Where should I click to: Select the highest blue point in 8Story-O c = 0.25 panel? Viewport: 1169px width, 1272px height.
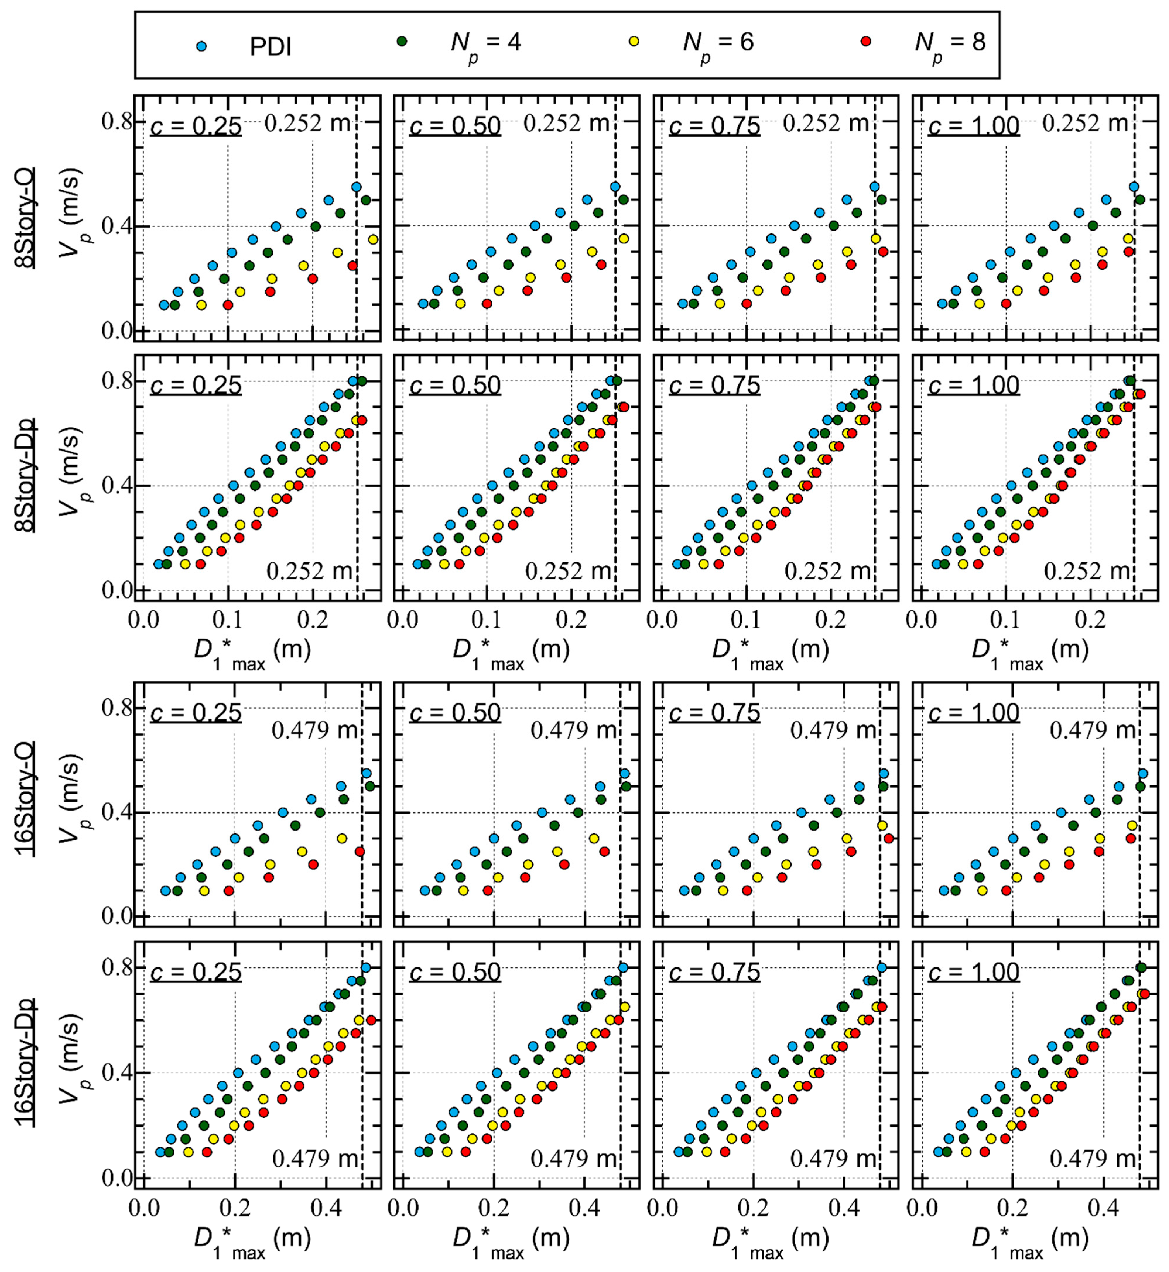click(x=356, y=187)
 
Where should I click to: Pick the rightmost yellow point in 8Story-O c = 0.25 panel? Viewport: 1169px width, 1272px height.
click(x=373, y=239)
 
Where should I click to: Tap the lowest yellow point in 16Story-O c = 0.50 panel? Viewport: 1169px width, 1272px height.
click(x=463, y=890)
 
